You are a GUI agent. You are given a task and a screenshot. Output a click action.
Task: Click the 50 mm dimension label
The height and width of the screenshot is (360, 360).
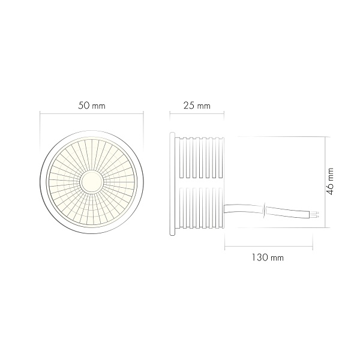tap(91, 106)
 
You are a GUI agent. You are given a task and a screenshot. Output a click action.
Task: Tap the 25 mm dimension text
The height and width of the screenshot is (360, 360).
tap(196, 106)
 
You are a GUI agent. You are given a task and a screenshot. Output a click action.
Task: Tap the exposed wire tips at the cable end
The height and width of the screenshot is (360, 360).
tap(316, 214)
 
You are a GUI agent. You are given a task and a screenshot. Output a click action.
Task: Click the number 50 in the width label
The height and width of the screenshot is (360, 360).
tap(84, 106)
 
